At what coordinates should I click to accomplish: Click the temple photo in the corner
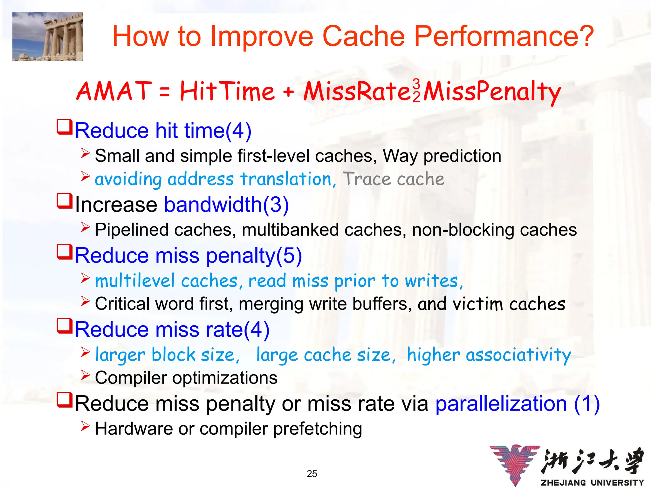48,36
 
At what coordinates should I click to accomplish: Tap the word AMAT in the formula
114,91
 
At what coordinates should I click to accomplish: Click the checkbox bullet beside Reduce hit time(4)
65,127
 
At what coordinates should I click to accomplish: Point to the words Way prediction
442,156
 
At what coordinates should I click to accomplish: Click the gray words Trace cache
393,179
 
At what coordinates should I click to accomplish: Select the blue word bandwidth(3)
226,204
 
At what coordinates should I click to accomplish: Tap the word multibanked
290,230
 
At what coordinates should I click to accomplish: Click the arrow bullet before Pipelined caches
85,227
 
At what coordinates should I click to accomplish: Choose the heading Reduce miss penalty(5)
188,255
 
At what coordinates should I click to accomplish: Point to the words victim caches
509,304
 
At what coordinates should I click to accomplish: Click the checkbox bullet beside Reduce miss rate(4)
65,326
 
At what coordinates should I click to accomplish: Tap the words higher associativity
489,355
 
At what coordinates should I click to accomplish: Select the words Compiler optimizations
186,378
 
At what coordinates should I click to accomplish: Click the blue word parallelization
501,403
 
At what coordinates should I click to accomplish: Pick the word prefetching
318,429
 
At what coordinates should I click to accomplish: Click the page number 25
312,474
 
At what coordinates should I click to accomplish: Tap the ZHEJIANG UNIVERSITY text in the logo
592,483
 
